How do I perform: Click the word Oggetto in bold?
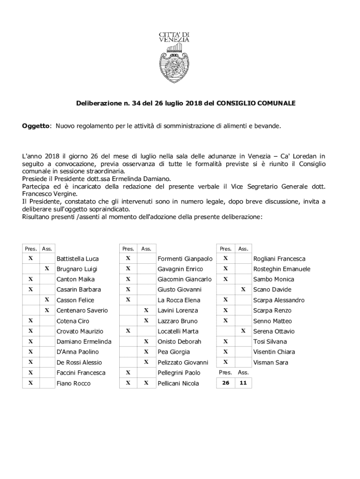(36, 126)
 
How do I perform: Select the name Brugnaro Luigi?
(77, 269)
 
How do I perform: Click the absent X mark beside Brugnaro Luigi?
(47, 269)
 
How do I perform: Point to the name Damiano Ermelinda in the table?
(84, 341)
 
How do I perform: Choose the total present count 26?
(225, 383)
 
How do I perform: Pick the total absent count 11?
(243, 383)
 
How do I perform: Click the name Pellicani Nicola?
(178, 384)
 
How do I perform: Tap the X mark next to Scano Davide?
(243, 289)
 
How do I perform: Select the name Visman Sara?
(270, 363)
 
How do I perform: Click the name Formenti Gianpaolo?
(185, 259)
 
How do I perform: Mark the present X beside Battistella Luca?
(30, 258)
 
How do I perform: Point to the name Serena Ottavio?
(274, 331)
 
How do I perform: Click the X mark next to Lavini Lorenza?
(146, 310)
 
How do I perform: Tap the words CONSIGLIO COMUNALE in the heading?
(256, 102)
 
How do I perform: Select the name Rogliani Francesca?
(279, 259)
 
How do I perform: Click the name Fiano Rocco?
(73, 384)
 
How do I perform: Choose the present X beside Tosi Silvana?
(225, 341)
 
